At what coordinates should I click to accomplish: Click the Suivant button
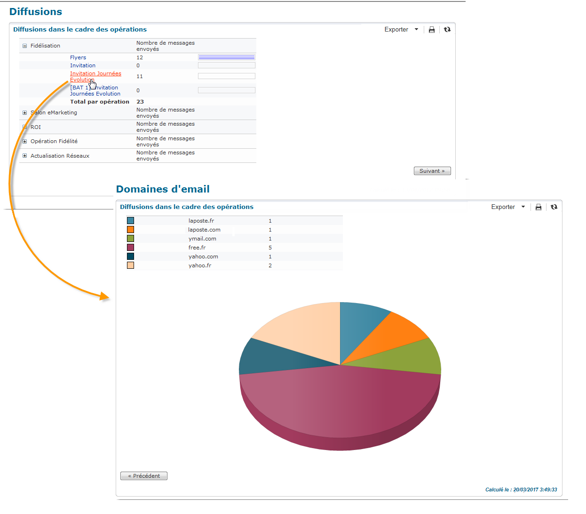tap(432, 171)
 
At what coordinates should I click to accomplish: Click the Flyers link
tap(78, 57)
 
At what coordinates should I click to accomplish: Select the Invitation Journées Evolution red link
tap(95, 73)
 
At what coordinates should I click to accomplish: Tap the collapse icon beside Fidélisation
tap(25, 46)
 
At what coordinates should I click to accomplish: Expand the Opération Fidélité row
tap(25, 141)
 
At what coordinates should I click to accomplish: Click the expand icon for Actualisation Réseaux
tap(25, 156)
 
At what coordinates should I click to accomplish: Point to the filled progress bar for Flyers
tap(226, 57)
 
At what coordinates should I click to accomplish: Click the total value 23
tap(140, 102)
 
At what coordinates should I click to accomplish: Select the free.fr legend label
tap(197, 248)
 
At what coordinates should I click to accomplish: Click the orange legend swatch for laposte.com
tap(130, 230)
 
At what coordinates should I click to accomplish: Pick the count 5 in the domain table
tap(270, 248)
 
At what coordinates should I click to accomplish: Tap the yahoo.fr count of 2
tap(270, 265)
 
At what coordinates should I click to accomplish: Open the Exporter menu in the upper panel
tap(401, 30)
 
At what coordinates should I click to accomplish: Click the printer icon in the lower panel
tap(538, 207)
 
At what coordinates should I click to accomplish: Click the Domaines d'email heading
tap(163, 189)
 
